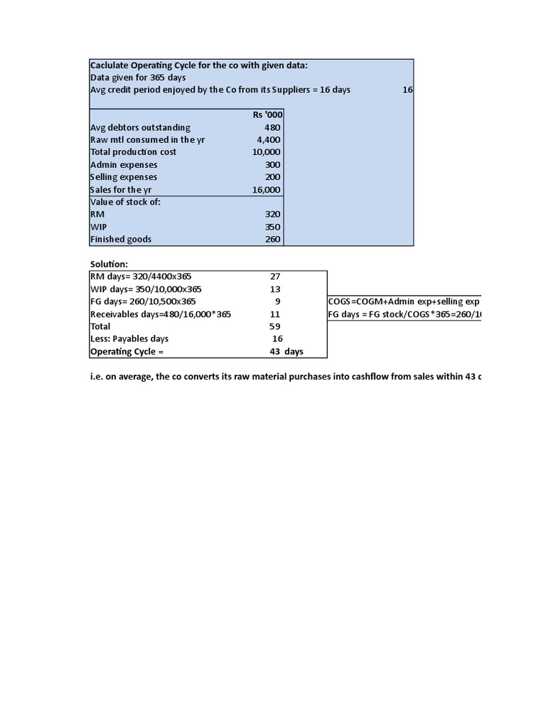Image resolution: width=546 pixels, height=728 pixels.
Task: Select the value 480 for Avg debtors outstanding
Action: point(272,127)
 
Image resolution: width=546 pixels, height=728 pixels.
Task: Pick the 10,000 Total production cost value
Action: point(266,152)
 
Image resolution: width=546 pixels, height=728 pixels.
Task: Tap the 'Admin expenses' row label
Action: point(124,164)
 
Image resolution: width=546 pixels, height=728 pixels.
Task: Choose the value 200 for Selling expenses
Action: point(272,177)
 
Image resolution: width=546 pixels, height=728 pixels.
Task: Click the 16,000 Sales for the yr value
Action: point(266,190)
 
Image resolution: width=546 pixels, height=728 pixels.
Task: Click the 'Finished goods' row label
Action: point(121,240)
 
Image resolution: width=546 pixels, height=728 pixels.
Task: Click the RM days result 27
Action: point(276,277)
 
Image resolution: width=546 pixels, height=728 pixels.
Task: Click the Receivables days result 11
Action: point(276,314)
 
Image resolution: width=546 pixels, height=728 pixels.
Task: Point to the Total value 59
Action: point(276,326)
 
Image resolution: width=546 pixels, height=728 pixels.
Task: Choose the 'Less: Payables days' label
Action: point(129,339)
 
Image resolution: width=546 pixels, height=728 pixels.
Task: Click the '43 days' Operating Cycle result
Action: point(282,352)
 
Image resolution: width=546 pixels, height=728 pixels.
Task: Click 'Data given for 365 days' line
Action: point(138,77)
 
